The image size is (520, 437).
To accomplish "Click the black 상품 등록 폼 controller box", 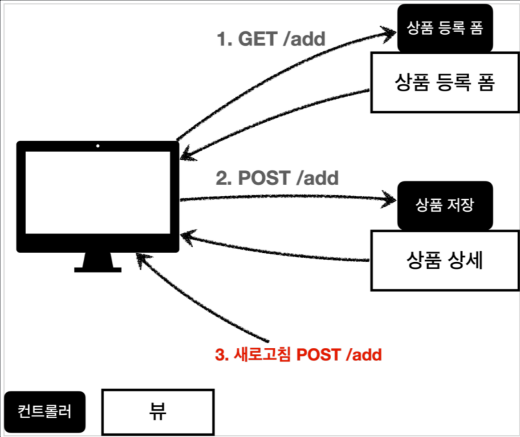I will point(445,29).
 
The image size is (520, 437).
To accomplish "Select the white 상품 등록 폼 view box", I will point(444,82).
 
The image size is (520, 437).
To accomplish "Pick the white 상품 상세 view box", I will point(445,260).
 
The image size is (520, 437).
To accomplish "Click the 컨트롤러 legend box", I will point(45,411).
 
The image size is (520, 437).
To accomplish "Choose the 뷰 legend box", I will point(158,411).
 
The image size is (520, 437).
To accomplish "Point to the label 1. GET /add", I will point(271,40).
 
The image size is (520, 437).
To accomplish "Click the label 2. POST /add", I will point(277,178).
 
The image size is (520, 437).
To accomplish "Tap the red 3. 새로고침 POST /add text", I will point(298,355).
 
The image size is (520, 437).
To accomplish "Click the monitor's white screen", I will point(97,192).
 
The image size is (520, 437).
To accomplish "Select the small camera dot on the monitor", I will point(97,146).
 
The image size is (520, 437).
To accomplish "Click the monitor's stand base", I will point(97,269).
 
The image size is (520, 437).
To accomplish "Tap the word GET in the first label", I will point(258,40).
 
